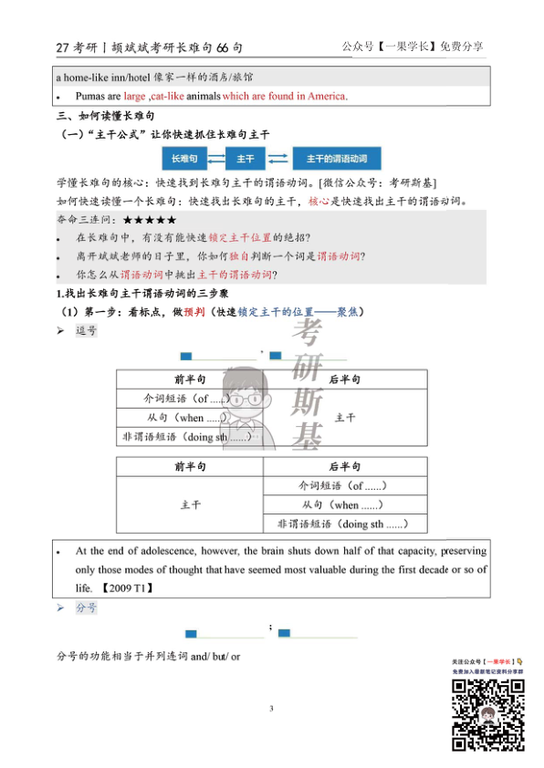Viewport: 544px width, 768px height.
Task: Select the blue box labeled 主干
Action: point(246,159)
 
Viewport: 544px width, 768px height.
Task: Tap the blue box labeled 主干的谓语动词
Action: point(336,159)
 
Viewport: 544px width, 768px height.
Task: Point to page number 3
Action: point(271,708)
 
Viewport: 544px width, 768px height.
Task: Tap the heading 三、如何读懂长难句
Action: point(106,118)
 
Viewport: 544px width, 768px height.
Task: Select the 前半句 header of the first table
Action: point(190,379)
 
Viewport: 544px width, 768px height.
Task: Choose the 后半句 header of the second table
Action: point(344,465)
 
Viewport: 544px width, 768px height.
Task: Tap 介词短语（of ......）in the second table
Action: point(343,485)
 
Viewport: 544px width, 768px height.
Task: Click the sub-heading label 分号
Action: point(86,608)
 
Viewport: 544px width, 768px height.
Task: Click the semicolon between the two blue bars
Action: point(271,628)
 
